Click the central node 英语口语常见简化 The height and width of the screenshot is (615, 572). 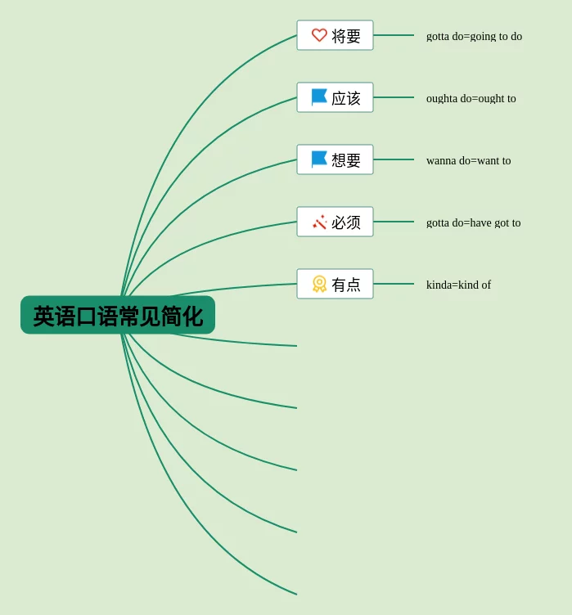point(118,316)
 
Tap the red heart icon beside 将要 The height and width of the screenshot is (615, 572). point(319,35)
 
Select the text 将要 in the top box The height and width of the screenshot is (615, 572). point(346,36)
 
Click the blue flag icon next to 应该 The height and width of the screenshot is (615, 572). point(319,97)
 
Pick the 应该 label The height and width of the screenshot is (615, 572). point(346,98)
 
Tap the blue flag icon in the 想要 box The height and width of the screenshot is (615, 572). point(319,159)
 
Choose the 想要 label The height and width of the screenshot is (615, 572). point(346,160)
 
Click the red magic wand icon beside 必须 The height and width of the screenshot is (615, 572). point(319,222)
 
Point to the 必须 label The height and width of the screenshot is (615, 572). point(346,222)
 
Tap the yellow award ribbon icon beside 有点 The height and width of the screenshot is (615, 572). point(319,284)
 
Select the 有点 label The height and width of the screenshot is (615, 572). point(346,285)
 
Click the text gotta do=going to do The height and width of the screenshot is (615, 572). point(474,36)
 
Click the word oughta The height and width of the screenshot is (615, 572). point(442,98)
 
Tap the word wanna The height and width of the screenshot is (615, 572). point(441,160)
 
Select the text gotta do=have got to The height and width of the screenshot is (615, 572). point(473,222)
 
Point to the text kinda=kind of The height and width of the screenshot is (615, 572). point(458,285)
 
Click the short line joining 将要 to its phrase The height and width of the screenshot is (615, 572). point(394,35)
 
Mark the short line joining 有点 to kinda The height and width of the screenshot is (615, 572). point(394,284)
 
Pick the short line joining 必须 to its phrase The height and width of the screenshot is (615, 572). point(394,222)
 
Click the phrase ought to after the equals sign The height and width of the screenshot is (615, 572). point(497,98)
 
